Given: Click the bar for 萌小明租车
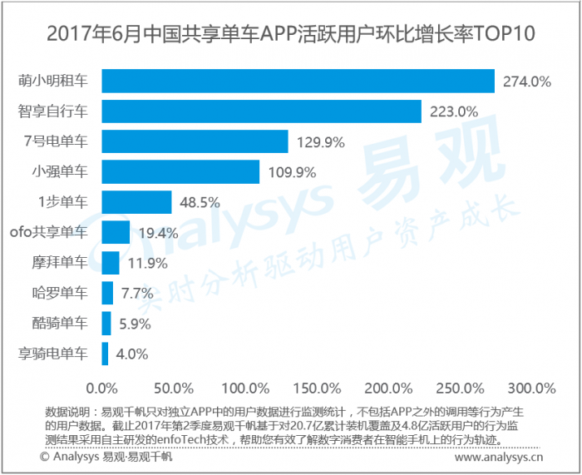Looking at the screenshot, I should pos(298,81).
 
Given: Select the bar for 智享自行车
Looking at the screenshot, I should pos(261,111).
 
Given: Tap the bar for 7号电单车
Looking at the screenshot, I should pos(195,141).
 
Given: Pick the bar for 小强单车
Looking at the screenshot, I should pos(180,171).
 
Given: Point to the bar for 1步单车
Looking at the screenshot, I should pos(136,202).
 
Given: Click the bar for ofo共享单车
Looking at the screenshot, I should pos(116,232).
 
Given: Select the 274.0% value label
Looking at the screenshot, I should pos(525,82).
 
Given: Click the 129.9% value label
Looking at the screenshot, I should pos(320,142).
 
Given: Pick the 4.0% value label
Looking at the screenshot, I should pos(131,354).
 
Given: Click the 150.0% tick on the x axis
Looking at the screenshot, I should pos(314,388).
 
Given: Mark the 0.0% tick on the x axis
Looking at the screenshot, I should pos(103,388).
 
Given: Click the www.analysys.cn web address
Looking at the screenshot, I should pos(500,457).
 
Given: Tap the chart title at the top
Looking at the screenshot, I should pos(291,34).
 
